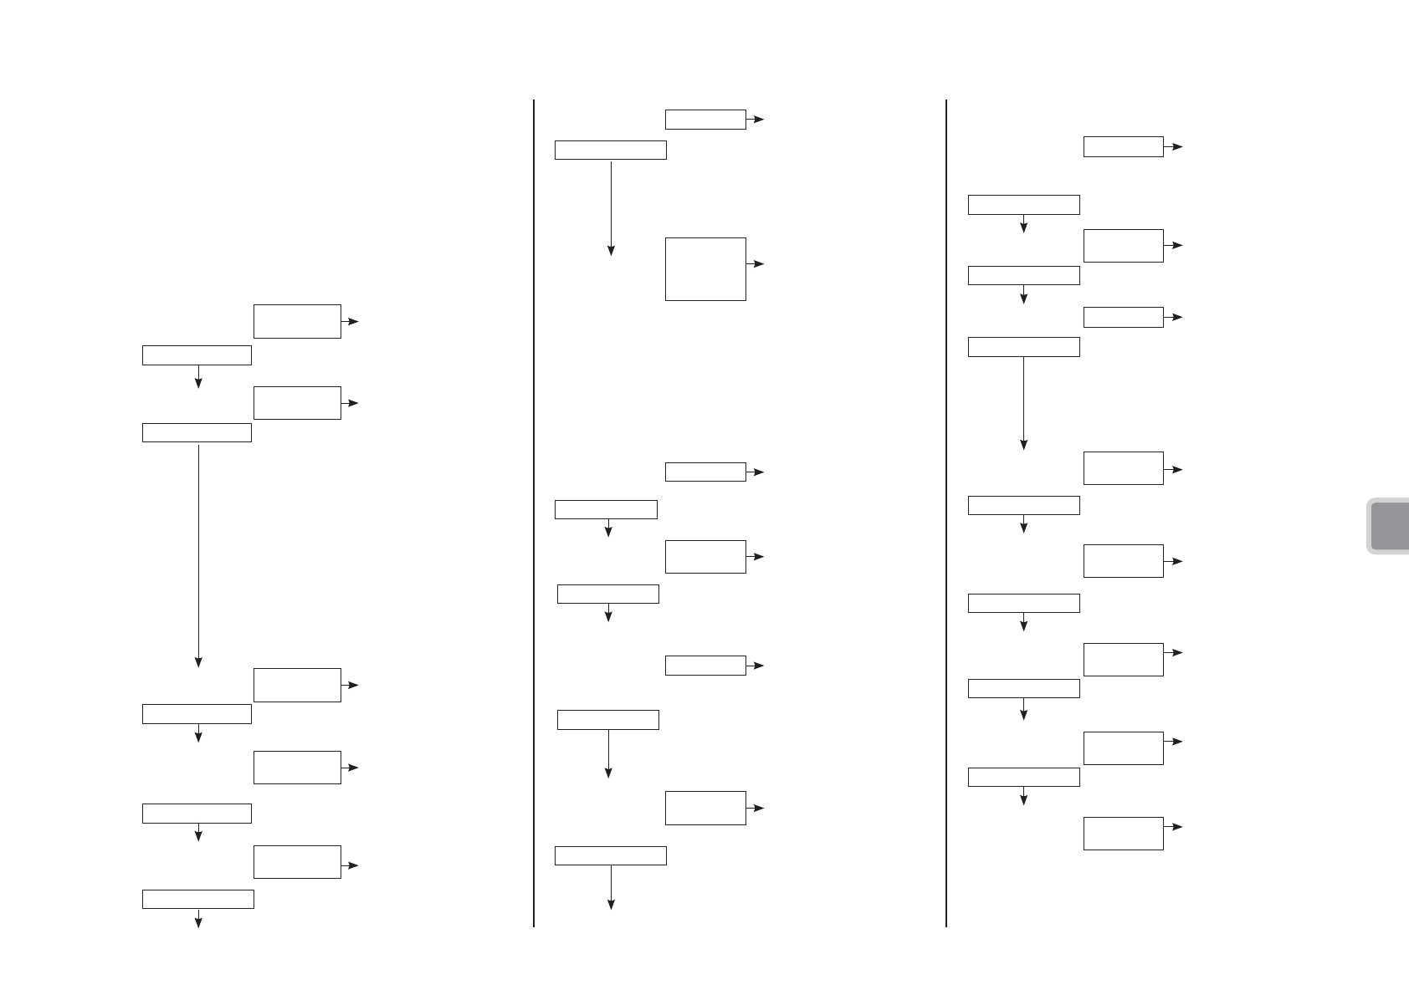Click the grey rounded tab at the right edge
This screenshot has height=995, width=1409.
pyautogui.click(x=1389, y=526)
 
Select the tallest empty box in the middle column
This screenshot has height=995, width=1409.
pyautogui.click(x=705, y=268)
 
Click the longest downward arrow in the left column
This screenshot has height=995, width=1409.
pyautogui.click(x=198, y=555)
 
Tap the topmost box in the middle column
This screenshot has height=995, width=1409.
pyautogui.click(x=705, y=120)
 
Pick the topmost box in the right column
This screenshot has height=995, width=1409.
pyautogui.click(x=1123, y=146)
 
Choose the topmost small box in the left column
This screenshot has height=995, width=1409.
pyautogui.click(x=297, y=321)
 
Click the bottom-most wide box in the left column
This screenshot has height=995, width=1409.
pyautogui.click(x=197, y=899)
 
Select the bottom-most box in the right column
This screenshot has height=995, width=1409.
pyautogui.click(x=1123, y=833)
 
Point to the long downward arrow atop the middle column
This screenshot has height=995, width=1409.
pyautogui.click(x=611, y=208)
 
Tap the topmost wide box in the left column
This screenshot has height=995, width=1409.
pyautogui.click(x=197, y=355)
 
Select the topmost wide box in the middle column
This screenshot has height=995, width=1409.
pyautogui.click(x=611, y=151)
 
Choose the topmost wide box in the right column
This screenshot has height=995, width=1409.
pyautogui.click(x=1023, y=204)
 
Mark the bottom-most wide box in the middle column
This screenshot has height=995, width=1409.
pyautogui.click(x=611, y=855)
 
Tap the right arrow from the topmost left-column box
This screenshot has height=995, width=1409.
pyautogui.click(x=350, y=321)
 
